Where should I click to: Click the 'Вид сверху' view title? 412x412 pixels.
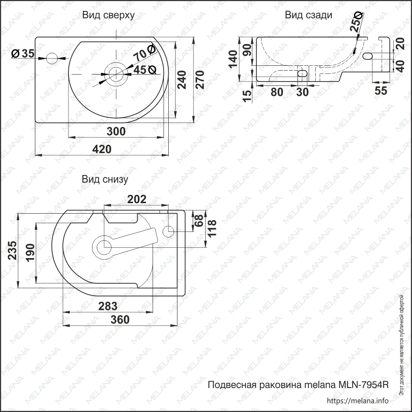pos(108,15)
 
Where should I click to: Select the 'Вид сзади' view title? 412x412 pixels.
pos(308,15)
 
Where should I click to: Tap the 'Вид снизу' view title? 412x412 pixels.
pos(105,179)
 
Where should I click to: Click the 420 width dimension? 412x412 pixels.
pos(102,149)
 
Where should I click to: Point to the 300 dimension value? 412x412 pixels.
pos(116,131)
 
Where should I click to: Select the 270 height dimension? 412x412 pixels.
pos(199,79)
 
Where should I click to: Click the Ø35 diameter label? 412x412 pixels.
pos(23,54)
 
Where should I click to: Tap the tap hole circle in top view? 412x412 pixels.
pos(52,58)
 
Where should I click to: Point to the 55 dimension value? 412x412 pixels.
pos(381,91)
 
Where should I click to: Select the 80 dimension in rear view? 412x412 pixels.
pos(277,92)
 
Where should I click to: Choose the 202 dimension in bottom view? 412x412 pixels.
pos(136,199)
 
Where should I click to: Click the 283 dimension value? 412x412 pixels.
pos(108,306)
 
